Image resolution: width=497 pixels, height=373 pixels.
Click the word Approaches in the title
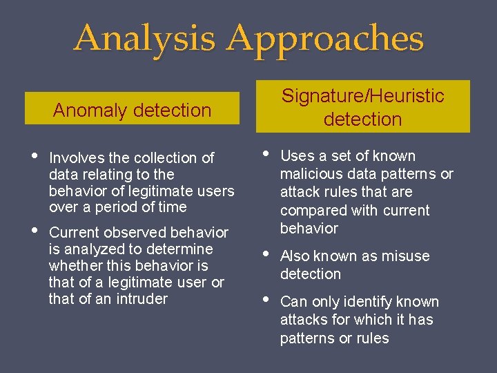tap(325, 39)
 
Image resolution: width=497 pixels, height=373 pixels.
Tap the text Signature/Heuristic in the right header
tap(362, 96)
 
